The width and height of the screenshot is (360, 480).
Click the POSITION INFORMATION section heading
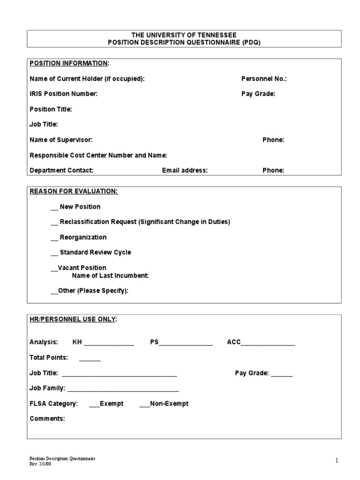(69, 63)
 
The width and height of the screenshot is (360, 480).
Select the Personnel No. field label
(263, 79)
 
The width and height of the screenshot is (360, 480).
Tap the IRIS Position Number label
(64, 94)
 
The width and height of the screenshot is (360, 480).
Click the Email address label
(185, 170)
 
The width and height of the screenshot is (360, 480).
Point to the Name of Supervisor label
(61, 140)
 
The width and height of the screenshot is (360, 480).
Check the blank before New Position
(54, 207)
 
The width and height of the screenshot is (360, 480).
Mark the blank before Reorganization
(54, 238)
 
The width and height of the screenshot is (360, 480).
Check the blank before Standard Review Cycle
(54, 253)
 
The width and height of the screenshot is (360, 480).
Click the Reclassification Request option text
(145, 222)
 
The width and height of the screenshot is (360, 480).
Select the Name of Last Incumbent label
(111, 276)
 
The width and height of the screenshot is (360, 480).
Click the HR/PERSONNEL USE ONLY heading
(73, 319)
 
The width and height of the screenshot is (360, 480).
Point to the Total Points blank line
(90, 359)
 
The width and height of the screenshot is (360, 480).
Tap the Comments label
(47, 419)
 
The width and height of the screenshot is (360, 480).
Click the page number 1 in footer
(336, 461)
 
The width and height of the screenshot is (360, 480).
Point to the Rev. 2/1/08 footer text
(41, 464)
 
